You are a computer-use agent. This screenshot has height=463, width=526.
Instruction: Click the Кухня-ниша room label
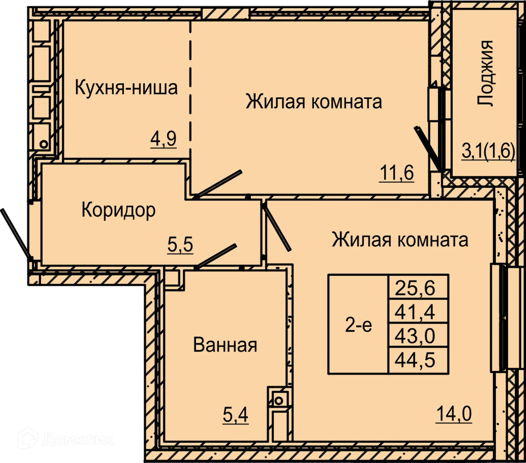coord(126,88)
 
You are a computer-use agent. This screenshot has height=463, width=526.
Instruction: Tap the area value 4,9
coord(163,139)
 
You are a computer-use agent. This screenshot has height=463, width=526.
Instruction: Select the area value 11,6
coord(396,173)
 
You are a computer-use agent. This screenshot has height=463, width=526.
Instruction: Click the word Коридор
coord(118,210)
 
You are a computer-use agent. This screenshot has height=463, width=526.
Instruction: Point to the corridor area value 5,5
coord(180,244)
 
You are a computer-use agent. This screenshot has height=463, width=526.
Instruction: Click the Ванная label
coord(225,345)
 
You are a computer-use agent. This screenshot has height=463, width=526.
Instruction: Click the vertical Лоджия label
coord(485,73)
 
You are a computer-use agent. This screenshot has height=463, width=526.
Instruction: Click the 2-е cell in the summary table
coord(358,325)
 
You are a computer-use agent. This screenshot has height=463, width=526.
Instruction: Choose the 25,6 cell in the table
coord(415,288)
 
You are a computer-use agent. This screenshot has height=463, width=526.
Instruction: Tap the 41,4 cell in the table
coord(415,312)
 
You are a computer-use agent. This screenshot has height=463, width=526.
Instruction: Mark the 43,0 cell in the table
coord(415,336)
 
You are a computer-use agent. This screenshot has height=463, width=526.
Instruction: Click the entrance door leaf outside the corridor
coord(15,233)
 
